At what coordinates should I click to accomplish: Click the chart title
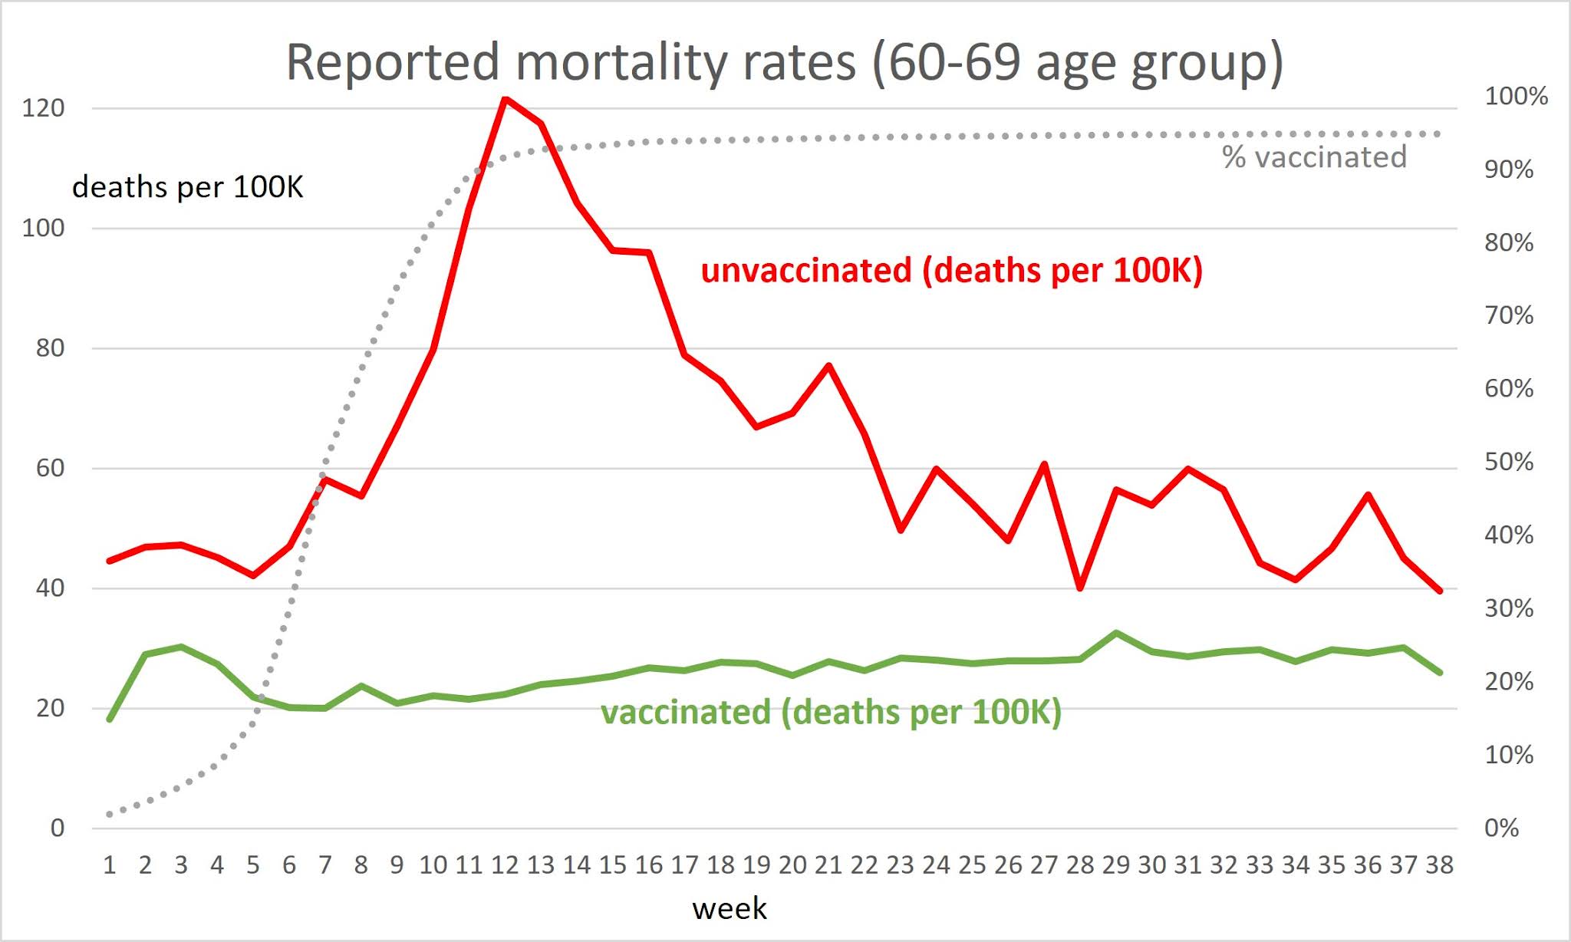[784, 63]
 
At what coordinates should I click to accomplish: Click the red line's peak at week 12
[505, 99]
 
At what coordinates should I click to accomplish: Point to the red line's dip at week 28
[1080, 588]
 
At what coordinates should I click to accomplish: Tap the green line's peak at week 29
[1116, 633]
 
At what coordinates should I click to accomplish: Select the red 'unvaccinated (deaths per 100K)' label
[951, 271]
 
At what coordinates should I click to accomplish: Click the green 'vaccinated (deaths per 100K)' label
[831, 712]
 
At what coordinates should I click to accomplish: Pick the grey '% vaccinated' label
[1314, 157]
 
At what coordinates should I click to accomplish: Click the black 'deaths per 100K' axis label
[188, 187]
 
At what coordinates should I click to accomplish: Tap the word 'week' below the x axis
[729, 908]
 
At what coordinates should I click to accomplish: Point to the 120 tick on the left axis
[43, 108]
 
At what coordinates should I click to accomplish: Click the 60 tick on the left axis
[50, 468]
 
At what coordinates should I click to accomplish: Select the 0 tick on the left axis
[58, 828]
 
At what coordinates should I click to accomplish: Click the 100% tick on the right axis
[1516, 97]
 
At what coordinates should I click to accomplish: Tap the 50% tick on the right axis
[1509, 463]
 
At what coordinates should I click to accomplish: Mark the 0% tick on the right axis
[1502, 828]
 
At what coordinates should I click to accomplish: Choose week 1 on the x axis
[110, 865]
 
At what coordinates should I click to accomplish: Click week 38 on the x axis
[1439, 865]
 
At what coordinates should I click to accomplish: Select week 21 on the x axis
[828, 865]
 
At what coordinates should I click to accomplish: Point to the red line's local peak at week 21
[828, 365]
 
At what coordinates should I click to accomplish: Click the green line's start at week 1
[110, 719]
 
